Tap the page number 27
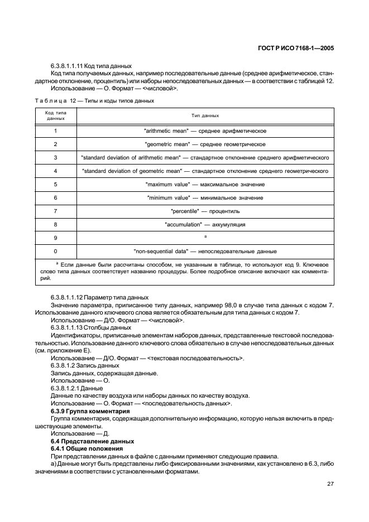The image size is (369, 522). click(330, 484)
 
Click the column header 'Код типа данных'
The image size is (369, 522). click(55, 115)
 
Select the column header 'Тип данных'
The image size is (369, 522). click(205, 115)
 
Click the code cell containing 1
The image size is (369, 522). click(55, 131)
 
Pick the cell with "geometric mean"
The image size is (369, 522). click(205, 144)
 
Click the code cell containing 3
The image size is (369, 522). click(55, 158)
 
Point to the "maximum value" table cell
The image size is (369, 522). click(205, 185)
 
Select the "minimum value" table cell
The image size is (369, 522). click(205, 198)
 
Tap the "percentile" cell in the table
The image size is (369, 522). click(205, 211)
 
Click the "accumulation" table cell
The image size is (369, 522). click(205, 225)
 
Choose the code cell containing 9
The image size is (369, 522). click(55, 238)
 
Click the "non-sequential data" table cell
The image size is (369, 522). click(205, 252)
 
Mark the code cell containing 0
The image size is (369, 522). click(55, 252)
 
